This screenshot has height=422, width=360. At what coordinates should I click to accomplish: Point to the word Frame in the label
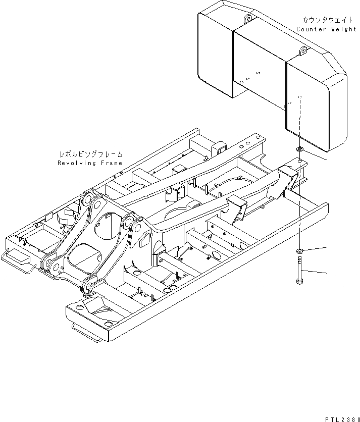[x=111, y=163]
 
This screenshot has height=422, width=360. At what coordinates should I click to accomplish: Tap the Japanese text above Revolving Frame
[x=91, y=155]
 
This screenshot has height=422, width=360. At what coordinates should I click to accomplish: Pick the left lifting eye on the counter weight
[x=247, y=19]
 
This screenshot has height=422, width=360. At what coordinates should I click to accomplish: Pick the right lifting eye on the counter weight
[x=303, y=50]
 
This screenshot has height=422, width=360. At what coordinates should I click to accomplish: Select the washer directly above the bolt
[x=299, y=251]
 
